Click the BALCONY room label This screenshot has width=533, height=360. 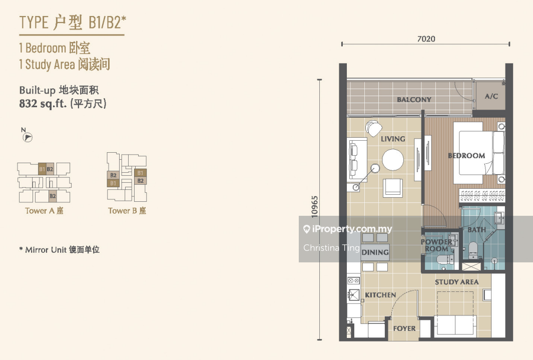point(414,100)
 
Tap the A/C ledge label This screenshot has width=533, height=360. point(491,96)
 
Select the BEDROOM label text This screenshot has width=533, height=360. point(466,156)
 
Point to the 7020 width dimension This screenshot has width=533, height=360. point(426,39)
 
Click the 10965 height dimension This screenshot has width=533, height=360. point(314,206)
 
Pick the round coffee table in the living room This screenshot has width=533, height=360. point(393,160)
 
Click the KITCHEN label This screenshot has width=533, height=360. point(380,295)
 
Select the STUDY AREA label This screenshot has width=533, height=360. point(456,282)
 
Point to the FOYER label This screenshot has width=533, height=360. point(404,328)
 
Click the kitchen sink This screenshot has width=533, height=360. point(353,295)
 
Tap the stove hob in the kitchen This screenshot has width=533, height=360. point(353,281)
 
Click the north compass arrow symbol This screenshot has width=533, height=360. point(27,137)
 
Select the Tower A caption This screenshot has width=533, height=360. point(44,211)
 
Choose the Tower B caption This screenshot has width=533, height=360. point(127,211)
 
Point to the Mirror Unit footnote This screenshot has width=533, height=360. point(60,250)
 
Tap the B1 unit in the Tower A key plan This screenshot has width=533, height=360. point(42,169)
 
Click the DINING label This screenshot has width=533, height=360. point(375,252)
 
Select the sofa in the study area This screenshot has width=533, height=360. point(455,325)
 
